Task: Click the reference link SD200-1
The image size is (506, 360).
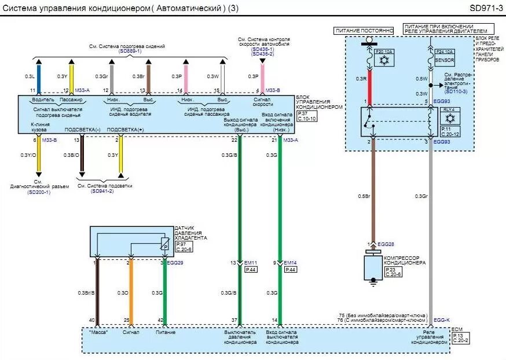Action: [39, 192]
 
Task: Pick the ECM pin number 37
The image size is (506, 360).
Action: [234, 320]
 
